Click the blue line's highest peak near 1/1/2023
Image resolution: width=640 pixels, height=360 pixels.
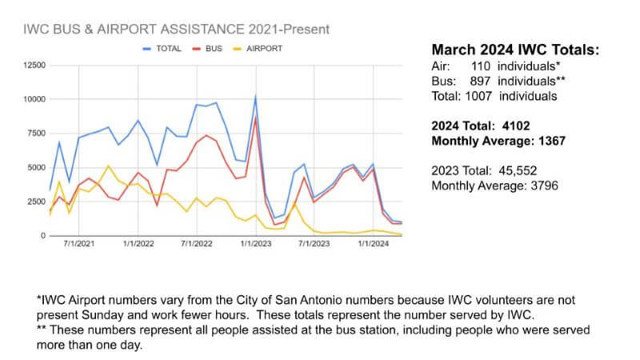pyautogui.click(x=255, y=96)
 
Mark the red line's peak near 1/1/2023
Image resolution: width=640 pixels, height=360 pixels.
pyautogui.click(x=255, y=118)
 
